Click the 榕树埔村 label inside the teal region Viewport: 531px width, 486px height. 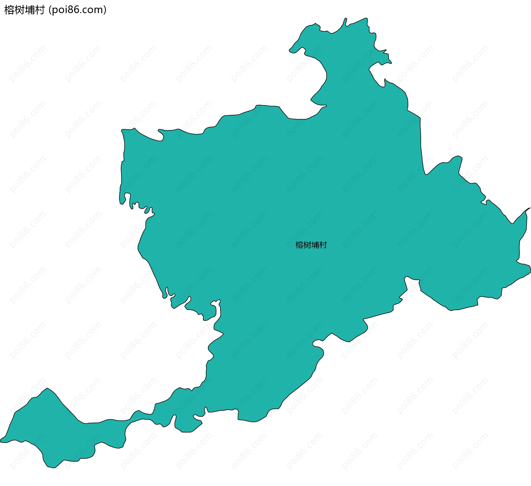pos(311,245)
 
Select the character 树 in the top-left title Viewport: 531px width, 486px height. pos(19,10)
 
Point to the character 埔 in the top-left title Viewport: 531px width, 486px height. pos(30,10)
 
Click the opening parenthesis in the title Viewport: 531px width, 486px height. pos(50,10)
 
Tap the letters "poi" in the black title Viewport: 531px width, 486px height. pos(60,10)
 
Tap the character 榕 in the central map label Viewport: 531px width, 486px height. pos(299,245)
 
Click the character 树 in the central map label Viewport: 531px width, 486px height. pos(307,245)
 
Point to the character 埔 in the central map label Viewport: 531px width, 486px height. pos(315,245)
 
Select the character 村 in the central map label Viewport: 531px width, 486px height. pos(323,245)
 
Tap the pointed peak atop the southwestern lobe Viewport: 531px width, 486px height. pos(47,388)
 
